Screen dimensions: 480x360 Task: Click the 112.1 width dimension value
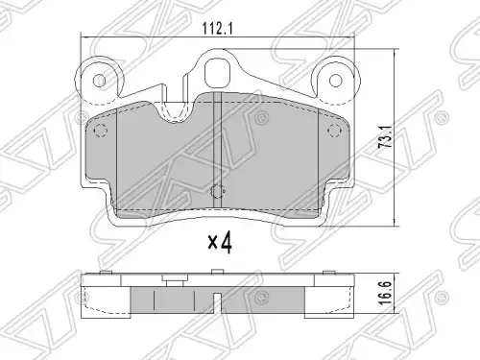pos(217,30)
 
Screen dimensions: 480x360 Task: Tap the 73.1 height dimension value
pos(386,136)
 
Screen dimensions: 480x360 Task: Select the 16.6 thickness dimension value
pos(386,293)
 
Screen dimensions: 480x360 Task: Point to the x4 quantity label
pos(220,243)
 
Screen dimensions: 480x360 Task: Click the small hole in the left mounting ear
pos(100,80)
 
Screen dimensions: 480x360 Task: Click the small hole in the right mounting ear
pos(335,80)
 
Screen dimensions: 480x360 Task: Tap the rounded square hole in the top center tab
pos(218,72)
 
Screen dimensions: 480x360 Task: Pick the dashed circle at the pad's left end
pos(100,131)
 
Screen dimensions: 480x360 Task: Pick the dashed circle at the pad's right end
pos(334,131)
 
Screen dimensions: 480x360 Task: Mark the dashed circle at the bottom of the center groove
pos(218,191)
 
